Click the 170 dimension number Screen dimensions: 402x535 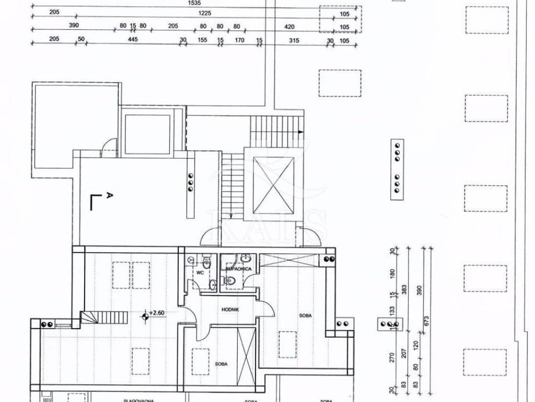coord(240,40)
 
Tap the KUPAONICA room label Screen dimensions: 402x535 coord(239,269)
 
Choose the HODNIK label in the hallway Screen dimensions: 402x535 coord(230,309)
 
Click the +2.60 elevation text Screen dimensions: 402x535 coord(157,313)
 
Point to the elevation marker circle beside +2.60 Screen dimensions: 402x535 coord(145,316)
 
